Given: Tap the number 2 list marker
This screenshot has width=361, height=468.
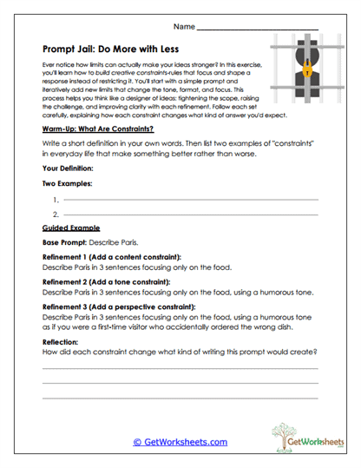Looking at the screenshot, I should tap(56, 214).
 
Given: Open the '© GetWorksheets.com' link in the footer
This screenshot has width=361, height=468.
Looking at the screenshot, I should tap(180, 442).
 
